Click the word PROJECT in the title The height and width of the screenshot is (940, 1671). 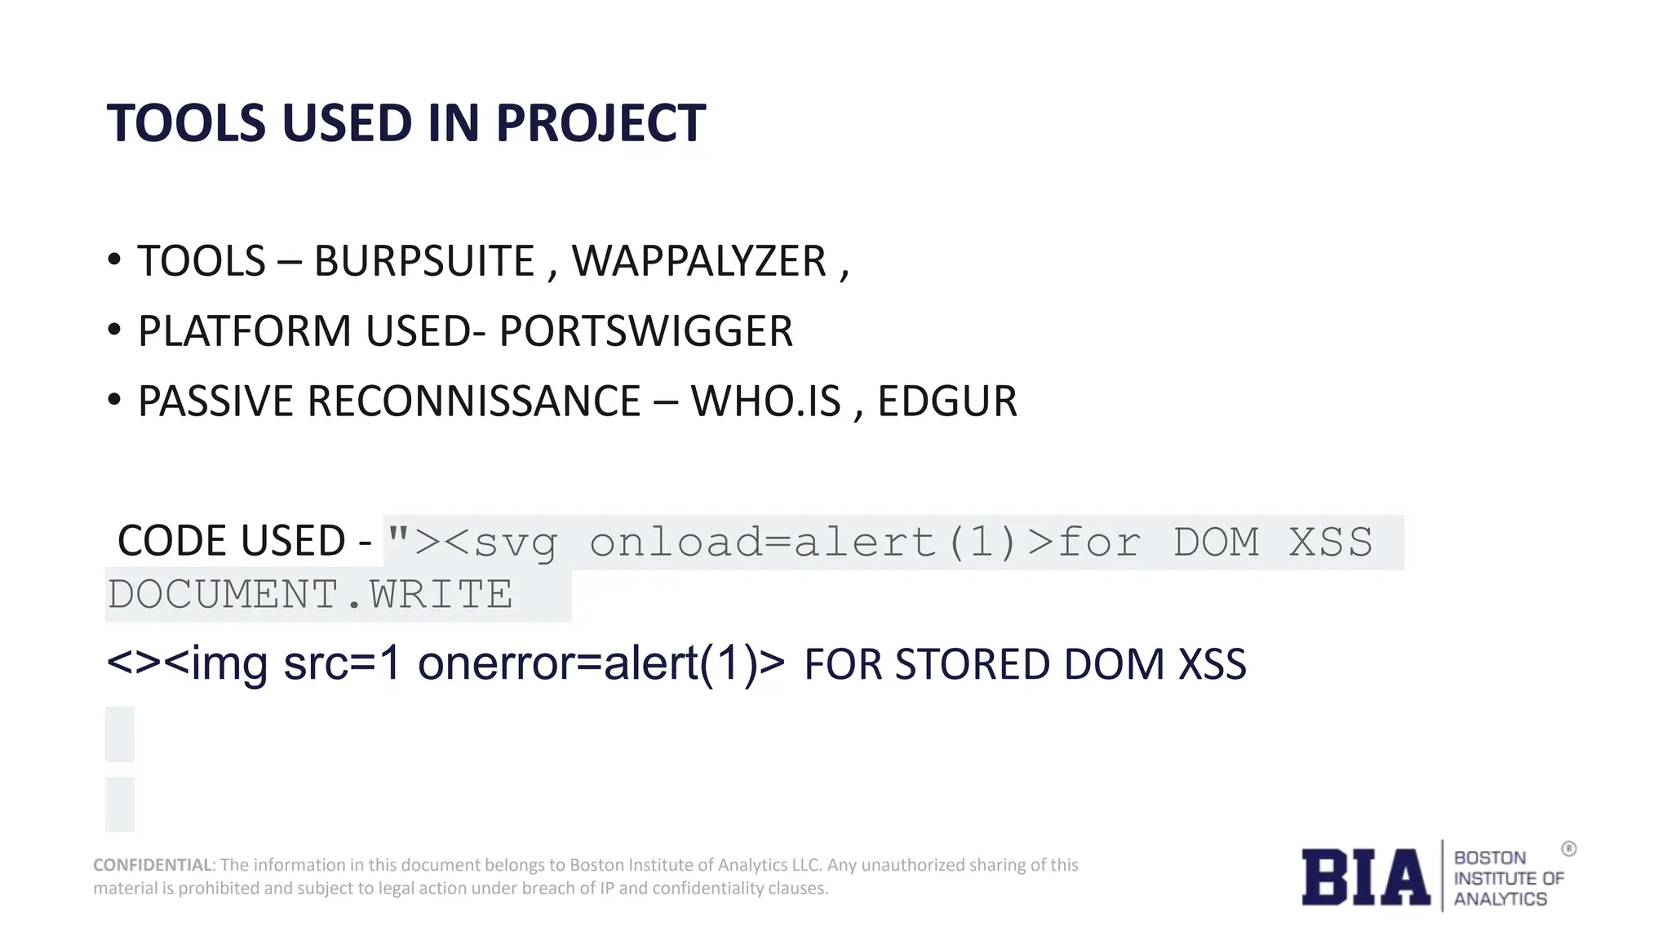click(600, 123)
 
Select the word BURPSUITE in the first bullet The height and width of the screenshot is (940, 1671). click(424, 261)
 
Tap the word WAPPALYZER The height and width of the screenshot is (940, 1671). click(699, 261)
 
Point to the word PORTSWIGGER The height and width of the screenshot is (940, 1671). click(645, 331)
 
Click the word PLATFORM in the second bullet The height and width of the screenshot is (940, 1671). click(244, 331)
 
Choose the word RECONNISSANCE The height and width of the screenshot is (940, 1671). click(473, 401)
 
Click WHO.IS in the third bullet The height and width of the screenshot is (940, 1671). click(765, 401)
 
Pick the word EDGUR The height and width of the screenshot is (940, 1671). click(946, 401)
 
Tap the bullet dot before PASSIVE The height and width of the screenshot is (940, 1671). click(114, 400)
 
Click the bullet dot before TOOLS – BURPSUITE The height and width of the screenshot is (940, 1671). click(114, 259)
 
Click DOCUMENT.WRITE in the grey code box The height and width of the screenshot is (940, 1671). click(310, 594)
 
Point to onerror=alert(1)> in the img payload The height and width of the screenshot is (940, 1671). click(601, 663)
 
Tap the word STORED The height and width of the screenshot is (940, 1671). click(971, 664)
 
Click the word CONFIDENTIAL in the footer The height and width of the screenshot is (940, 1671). click(153, 865)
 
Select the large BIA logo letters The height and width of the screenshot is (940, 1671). click(1365, 877)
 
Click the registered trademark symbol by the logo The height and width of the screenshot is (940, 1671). click(1569, 849)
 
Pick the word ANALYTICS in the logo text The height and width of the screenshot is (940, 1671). click(1500, 898)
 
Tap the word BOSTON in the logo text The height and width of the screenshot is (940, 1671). click(1490, 858)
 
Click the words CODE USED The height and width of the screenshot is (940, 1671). click(232, 541)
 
